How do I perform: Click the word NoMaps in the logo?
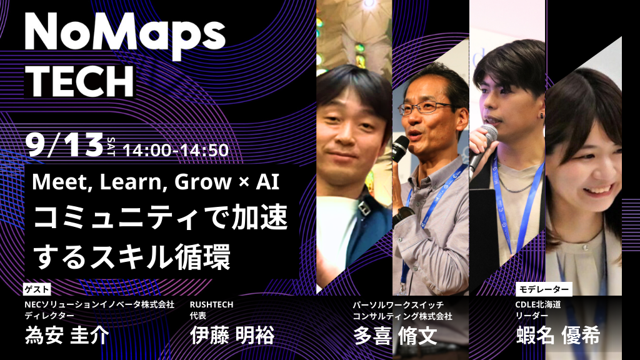[x=125, y=32]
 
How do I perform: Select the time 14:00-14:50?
[x=176, y=151]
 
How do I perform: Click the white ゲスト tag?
[x=37, y=289]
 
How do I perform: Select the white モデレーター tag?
[x=543, y=289]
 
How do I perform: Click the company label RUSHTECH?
[x=212, y=304]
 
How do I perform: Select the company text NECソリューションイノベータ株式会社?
[x=99, y=304]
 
